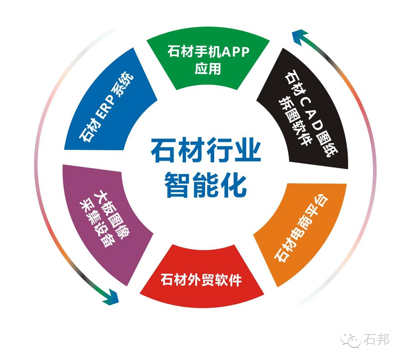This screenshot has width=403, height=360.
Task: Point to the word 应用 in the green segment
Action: point(208,69)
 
